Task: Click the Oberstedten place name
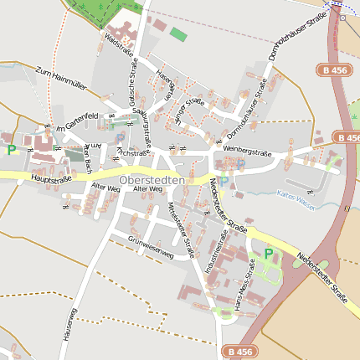coord(152,180)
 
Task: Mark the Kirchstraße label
coord(133,153)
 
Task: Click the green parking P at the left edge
coord(12,150)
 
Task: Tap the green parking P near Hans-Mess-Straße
coord(268,254)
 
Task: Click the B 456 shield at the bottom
coord(239,352)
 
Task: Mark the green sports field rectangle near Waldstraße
coord(178,34)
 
